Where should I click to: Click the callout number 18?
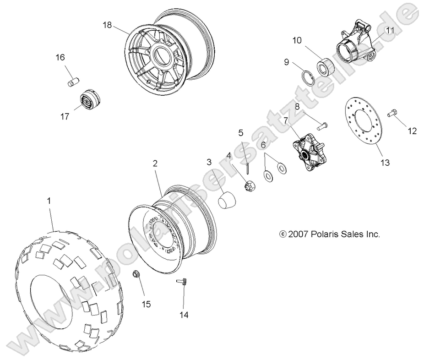[107, 25]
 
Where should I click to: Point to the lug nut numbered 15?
[136, 274]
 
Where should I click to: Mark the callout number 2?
[155, 163]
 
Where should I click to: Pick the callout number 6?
[263, 145]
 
